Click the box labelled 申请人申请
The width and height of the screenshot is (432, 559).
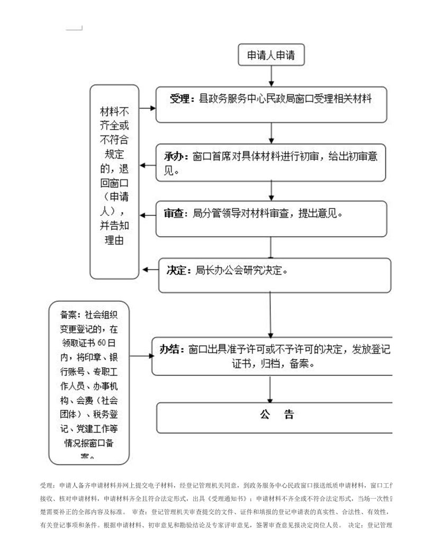pos(271,55)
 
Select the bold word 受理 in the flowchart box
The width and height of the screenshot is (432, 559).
pos(179,98)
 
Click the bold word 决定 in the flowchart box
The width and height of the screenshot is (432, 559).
pos(178,270)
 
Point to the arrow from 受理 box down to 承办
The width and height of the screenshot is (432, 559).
pos(271,133)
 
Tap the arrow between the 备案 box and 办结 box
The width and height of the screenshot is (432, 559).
pos(141,356)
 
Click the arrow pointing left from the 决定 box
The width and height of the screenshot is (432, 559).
pos(149,270)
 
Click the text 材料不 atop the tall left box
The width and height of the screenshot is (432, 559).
pos(114,112)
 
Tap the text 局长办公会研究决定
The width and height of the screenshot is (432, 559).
pos(241,270)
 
